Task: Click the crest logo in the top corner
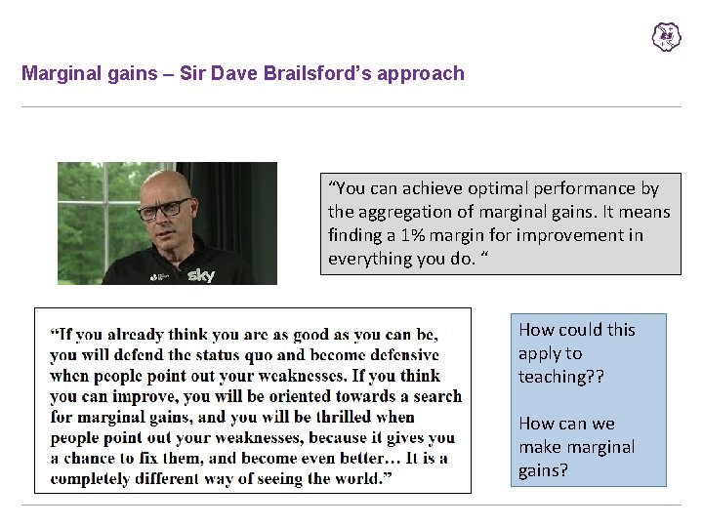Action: (666, 37)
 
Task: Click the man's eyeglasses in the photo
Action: (163, 208)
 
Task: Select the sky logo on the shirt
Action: (200, 275)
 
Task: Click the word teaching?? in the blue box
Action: (560, 377)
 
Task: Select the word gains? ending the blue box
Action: (543, 470)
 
